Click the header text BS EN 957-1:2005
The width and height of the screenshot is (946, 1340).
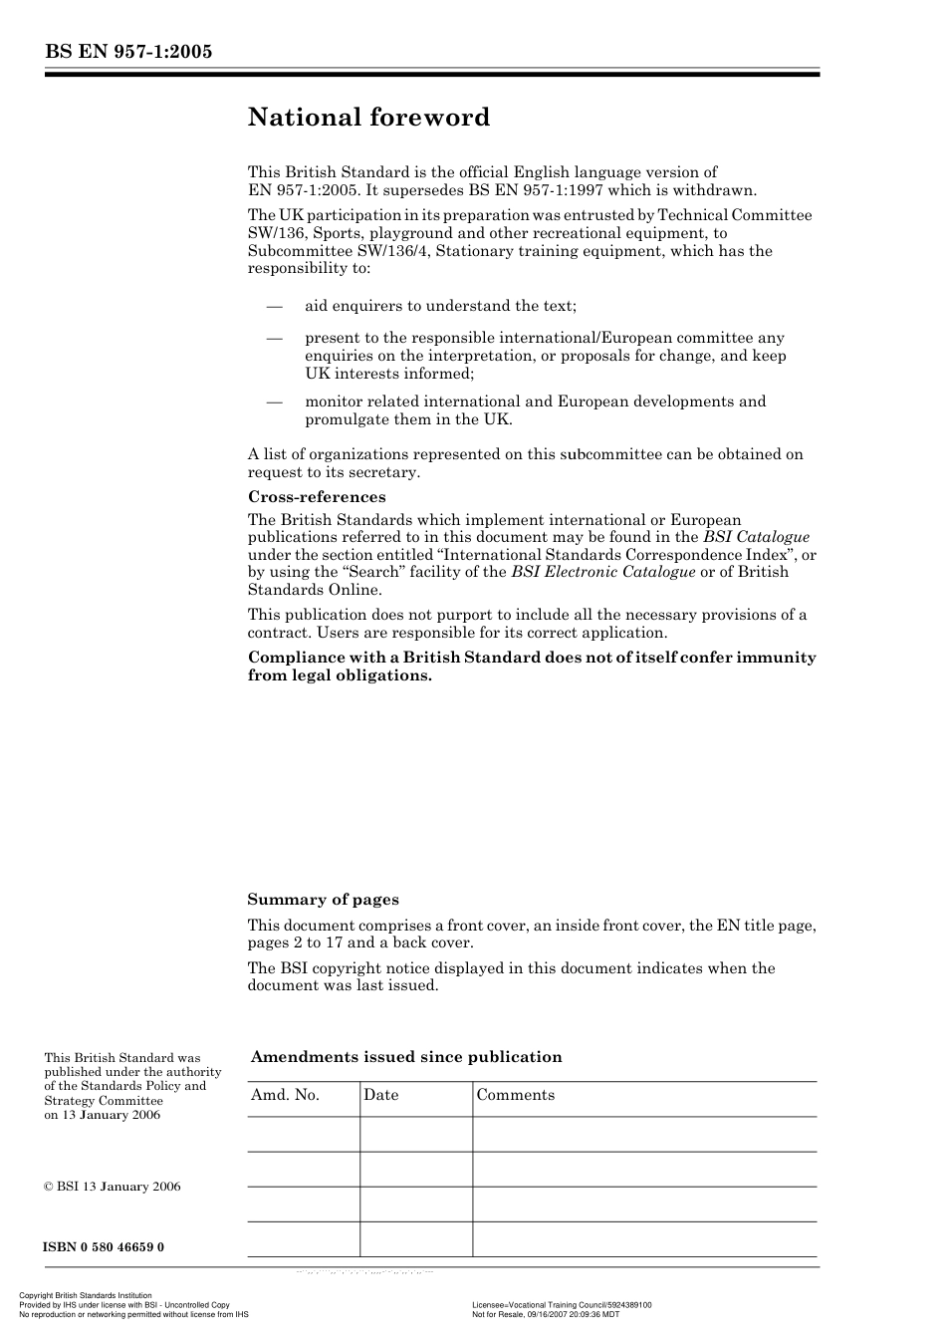coord(128,53)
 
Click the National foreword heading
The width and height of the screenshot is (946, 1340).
coord(368,118)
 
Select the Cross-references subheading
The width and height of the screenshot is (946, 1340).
coord(316,496)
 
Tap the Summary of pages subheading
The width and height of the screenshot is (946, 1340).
coord(323,899)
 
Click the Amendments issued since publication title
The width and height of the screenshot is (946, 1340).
coord(406,1057)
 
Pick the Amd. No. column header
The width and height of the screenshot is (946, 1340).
coord(286,1095)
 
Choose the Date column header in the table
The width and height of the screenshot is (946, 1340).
coord(380,1095)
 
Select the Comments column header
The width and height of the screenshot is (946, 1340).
coord(515,1095)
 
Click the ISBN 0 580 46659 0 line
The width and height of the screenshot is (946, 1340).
coord(104,1247)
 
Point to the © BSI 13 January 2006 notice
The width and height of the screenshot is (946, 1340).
coord(113,1187)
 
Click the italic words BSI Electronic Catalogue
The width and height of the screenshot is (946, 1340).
coord(602,572)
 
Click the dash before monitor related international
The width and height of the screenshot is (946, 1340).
coord(275,402)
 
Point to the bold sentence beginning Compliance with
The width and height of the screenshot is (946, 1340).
coord(532,666)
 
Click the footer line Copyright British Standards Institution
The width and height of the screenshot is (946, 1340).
coord(86,1296)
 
